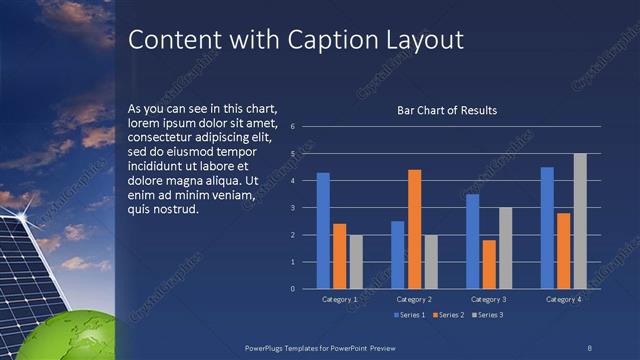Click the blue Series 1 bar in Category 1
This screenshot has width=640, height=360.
(x=323, y=231)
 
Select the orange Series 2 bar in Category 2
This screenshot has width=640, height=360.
(x=414, y=229)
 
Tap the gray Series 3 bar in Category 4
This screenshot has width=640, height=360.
(x=580, y=221)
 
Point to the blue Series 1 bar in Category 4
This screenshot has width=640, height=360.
(x=547, y=228)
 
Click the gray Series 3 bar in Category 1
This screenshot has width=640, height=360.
(x=356, y=262)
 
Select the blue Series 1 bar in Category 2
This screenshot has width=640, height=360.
(x=398, y=255)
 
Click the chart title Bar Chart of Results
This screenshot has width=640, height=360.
(x=447, y=110)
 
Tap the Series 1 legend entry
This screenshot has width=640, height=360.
(x=409, y=316)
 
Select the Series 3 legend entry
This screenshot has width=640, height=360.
(x=487, y=316)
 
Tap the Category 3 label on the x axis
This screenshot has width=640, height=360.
(x=488, y=299)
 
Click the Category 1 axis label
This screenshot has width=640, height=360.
(x=340, y=299)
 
